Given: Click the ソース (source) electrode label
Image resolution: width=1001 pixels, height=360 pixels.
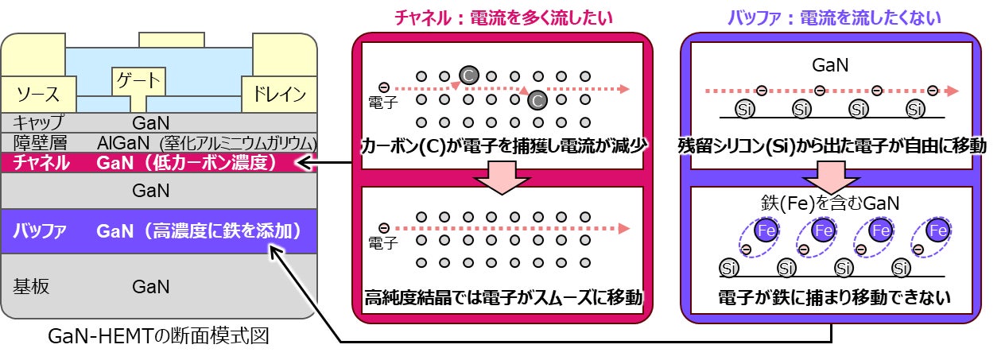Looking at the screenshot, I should [x=38, y=95].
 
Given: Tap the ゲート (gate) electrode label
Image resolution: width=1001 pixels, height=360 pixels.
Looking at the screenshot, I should [x=138, y=80].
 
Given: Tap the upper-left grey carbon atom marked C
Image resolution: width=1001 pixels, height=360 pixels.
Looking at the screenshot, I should [x=468, y=75].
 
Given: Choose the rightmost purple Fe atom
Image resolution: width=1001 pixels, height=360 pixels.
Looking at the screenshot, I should [x=938, y=230].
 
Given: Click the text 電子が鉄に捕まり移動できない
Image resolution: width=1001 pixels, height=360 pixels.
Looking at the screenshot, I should [x=833, y=299].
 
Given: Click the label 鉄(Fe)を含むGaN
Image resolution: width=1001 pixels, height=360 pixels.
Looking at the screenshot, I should [x=832, y=203].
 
